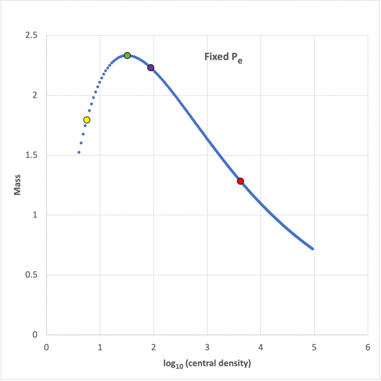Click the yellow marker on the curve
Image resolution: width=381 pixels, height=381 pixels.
[x=87, y=120]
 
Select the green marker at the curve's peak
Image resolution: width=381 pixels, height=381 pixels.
[x=127, y=55]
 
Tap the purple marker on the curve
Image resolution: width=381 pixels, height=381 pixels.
[x=150, y=67]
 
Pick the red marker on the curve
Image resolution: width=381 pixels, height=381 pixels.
[x=240, y=181]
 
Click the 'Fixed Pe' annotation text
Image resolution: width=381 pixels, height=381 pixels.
[x=223, y=58]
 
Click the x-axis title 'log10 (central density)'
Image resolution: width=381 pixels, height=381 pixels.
[x=206, y=364]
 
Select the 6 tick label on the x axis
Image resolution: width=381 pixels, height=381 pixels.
[x=368, y=348]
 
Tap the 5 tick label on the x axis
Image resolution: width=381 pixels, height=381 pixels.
[x=314, y=348]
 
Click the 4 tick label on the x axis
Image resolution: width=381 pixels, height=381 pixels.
[x=260, y=348]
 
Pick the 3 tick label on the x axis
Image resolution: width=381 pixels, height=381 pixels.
[x=207, y=348]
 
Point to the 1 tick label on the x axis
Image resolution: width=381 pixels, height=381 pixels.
[x=100, y=348]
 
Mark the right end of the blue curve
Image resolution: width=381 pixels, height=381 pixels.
[x=313, y=248]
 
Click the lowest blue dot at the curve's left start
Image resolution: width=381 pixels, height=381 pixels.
[x=79, y=152]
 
